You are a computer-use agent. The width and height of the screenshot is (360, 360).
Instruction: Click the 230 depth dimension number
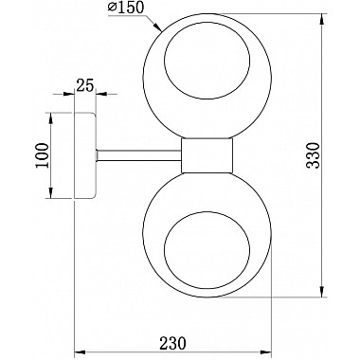pos(172,334)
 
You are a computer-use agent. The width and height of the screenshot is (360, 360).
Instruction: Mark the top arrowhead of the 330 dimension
pos(323,20)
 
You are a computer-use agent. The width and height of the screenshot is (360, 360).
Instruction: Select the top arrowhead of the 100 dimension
pos(48,117)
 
